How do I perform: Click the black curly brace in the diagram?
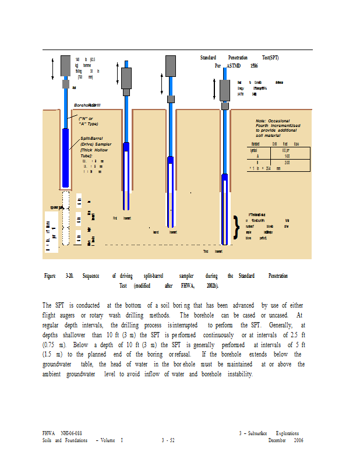(236, 228)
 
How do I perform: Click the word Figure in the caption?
(50, 276)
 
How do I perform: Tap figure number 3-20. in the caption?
(70, 276)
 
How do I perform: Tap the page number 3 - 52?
(169, 440)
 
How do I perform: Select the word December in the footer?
(277, 440)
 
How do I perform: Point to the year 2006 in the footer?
(298, 440)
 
